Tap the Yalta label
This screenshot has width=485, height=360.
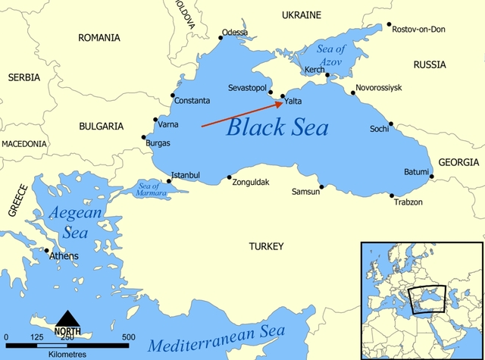click(x=293, y=101)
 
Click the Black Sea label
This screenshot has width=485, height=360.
click(x=277, y=127)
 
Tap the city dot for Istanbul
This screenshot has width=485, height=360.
click(x=169, y=180)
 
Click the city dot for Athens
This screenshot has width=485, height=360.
click(x=47, y=251)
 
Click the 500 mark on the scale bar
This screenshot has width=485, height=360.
click(x=128, y=337)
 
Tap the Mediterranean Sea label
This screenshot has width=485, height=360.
click(x=217, y=340)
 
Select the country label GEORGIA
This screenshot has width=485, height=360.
click(x=458, y=162)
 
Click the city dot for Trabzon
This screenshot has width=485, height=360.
click(x=392, y=196)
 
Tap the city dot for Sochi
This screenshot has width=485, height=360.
click(x=391, y=124)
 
